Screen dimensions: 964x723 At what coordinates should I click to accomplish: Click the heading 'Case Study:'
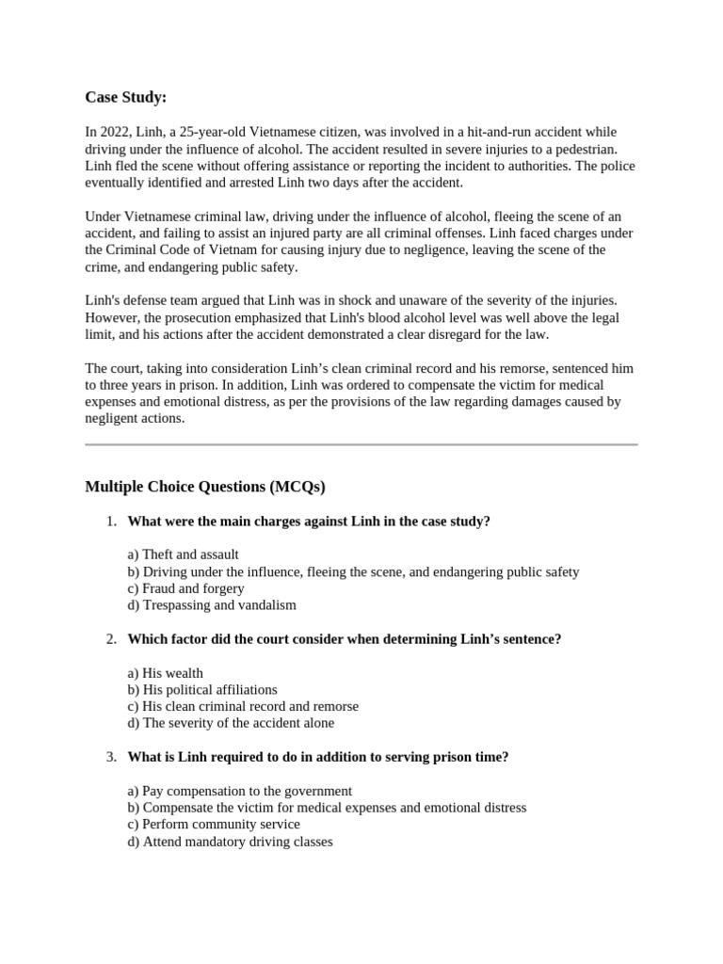point(125,97)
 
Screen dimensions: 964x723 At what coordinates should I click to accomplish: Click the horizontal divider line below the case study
point(361,443)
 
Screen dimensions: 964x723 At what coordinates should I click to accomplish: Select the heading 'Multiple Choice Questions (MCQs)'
point(204,487)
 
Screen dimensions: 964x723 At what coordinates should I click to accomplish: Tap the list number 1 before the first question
point(110,522)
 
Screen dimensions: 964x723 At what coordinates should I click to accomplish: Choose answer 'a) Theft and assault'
point(183,554)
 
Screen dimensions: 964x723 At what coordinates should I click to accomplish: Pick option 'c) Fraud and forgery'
point(185,588)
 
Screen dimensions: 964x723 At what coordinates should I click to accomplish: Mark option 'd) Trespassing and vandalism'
point(212,605)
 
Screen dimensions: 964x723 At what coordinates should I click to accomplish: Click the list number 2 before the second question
point(110,639)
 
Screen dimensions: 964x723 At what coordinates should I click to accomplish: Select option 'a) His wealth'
point(165,673)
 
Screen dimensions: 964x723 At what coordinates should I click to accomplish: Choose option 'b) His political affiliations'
point(202,690)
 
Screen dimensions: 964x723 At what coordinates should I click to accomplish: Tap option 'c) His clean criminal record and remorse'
point(243,706)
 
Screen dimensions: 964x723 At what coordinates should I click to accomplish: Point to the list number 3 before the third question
point(110,757)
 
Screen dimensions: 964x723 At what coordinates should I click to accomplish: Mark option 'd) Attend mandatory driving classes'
point(230,842)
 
